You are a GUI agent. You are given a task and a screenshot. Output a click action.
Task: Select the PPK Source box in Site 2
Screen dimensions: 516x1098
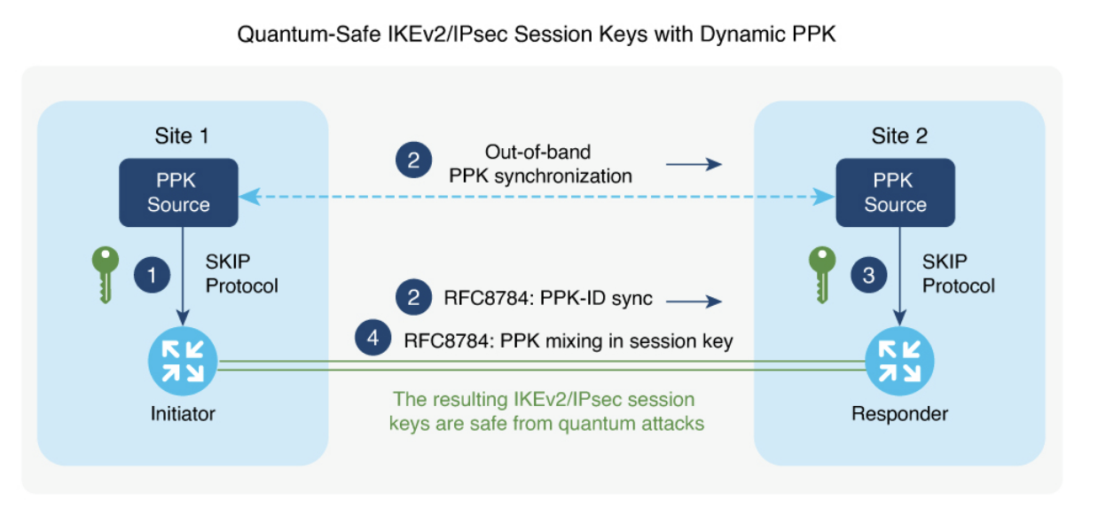pyautogui.click(x=895, y=192)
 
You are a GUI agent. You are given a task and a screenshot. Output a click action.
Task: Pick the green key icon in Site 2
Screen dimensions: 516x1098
pyautogui.click(x=821, y=275)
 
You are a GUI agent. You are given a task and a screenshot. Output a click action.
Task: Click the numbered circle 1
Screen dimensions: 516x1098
pyautogui.click(x=151, y=276)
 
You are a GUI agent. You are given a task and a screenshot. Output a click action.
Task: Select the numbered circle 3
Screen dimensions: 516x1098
pyautogui.click(x=868, y=276)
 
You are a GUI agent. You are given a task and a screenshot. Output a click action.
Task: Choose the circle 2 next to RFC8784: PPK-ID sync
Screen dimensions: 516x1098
pyautogui.click(x=413, y=298)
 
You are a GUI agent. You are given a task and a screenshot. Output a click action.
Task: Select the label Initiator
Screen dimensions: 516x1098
pyautogui.click(x=183, y=413)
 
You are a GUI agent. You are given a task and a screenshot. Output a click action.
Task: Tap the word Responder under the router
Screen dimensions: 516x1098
pyautogui.click(x=899, y=413)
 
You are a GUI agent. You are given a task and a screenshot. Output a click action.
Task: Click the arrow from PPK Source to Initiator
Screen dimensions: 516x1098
pyautogui.click(x=183, y=275)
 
